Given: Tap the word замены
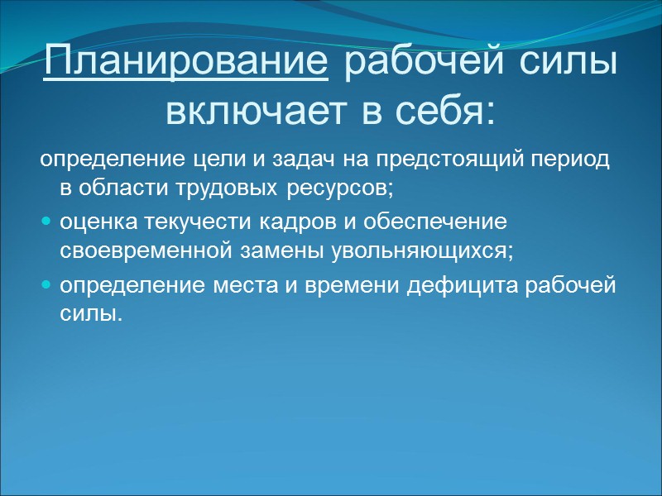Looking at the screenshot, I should (269, 251).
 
